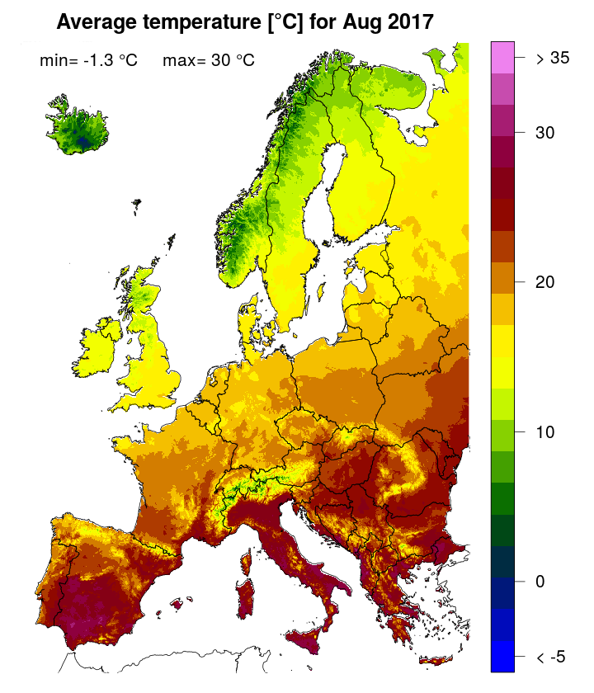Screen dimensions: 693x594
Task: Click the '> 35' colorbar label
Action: pos(552,59)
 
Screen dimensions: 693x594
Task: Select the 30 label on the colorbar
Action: pos(544,132)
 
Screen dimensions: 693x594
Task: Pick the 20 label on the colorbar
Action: pos(544,282)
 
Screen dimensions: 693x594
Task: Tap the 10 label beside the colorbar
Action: pos(544,431)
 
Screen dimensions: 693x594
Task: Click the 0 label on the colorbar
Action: pos(540,582)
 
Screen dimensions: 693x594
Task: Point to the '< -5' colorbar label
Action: pos(550,657)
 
